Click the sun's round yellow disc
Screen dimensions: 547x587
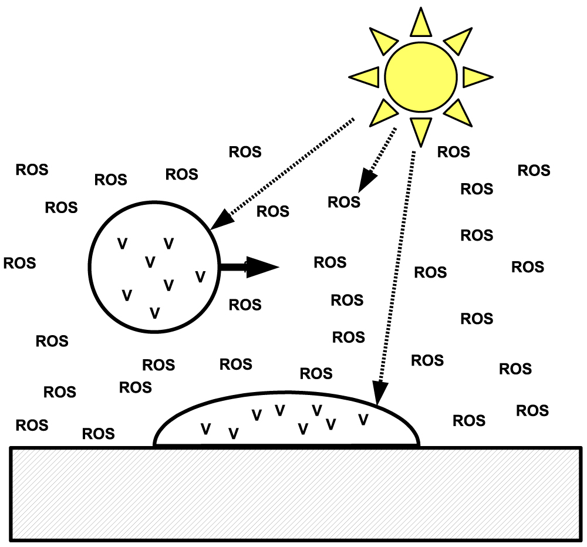pos(420,77)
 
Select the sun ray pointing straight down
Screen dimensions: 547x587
pos(420,130)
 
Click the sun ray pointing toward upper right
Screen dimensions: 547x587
pos(457,41)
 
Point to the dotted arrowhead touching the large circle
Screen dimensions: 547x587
pos(221,221)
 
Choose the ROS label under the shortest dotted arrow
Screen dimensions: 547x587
pos(344,202)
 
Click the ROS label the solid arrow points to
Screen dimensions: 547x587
pos(330,262)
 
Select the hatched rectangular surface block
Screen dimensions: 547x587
pos(296,492)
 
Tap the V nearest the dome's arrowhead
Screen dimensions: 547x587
pos(363,419)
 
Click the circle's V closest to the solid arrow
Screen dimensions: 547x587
pos(200,276)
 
